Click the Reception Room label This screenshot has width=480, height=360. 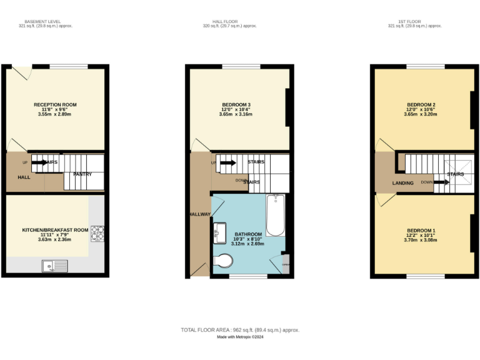55,104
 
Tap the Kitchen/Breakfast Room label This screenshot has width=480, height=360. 55,230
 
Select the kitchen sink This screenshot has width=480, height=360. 55,267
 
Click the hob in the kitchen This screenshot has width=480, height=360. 97,232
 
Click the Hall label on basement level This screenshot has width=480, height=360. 24,177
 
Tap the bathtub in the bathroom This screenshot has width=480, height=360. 275,216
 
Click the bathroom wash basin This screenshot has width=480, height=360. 220,232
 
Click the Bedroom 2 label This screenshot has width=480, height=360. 421,104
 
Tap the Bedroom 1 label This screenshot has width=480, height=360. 421,231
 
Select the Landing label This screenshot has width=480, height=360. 402,183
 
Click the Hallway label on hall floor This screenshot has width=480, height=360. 200,214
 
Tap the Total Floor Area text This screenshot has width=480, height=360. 240,329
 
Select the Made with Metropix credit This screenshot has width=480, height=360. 240,337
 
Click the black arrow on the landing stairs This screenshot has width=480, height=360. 441,182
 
